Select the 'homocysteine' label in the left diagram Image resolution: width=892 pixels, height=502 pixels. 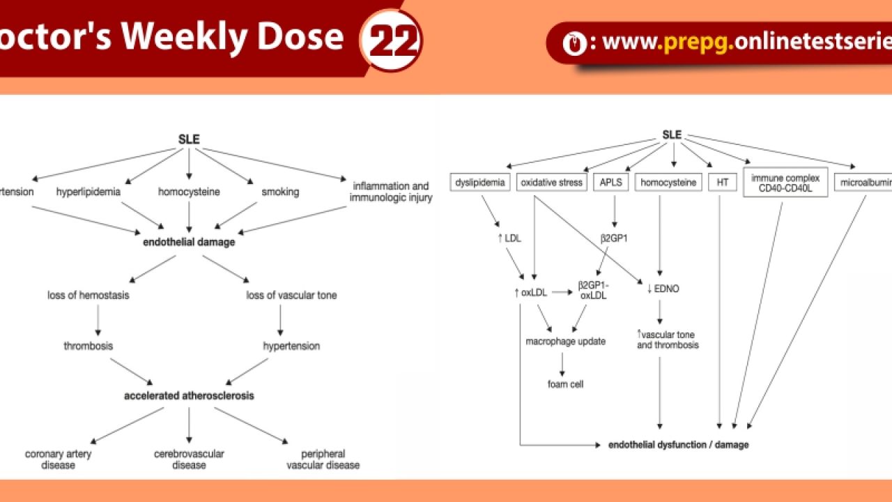(189, 192)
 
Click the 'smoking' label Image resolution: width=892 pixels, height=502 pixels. (280, 192)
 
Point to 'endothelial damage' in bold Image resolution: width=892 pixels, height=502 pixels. (189, 242)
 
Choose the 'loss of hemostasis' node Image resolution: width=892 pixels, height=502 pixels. (89, 295)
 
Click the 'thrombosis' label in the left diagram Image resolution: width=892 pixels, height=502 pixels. (89, 346)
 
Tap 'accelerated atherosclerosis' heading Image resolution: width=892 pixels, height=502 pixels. (189, 395)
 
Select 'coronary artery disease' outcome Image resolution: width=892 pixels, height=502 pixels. (59, 459)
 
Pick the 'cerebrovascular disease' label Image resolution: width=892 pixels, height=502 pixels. (189, 459)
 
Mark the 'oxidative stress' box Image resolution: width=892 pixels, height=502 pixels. (552, 183)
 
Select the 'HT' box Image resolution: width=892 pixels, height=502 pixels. (722, 183)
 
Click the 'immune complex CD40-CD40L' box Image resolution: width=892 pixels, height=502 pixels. (785, 182)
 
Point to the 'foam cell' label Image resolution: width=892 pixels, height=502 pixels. (565, 384)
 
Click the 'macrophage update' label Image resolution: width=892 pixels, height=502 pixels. (565, 342)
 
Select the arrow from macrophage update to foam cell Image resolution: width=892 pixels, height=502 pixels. (562, 363)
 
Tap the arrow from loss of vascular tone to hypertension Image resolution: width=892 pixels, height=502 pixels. (280, 320)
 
